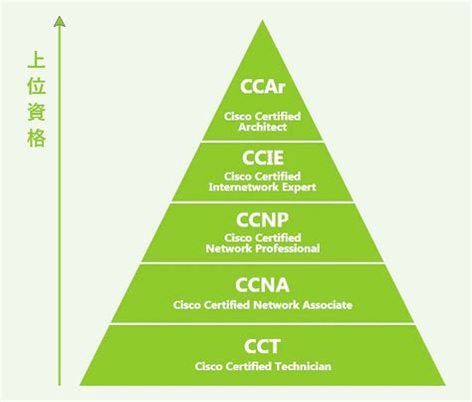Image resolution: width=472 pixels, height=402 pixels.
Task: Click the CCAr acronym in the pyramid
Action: (x=263, y=87)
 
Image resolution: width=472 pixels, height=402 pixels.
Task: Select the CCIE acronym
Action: (x=263, y=158)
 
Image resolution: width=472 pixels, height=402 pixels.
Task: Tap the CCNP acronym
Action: (x=262, y=219)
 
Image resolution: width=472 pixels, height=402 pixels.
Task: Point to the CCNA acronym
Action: (x=262, y=285)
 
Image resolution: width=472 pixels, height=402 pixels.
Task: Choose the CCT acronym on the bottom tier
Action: (x=262, y=346)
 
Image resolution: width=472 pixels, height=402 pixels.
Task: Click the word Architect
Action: (x=263, y=127)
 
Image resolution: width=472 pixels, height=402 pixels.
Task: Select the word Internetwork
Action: (x=239, y=187)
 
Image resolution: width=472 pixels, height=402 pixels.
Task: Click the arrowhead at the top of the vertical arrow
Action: (x=60, y=21)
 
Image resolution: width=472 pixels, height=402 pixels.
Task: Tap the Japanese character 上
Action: (x=37, y=60)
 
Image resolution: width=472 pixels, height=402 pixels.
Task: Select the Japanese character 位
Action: (x=37, y=86)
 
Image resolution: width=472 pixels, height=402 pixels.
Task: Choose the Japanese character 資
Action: (x=37, y=112)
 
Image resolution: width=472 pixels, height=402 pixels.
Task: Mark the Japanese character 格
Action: (x=37, y=138)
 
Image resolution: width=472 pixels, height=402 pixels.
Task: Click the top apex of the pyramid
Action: (x=263, y=20)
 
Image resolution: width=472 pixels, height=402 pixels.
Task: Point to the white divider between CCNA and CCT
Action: (x=263, y=323)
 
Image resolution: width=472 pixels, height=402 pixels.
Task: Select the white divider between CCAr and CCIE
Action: (x=263, y=142)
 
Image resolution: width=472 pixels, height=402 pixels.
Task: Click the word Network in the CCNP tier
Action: (x=229, y=248)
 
